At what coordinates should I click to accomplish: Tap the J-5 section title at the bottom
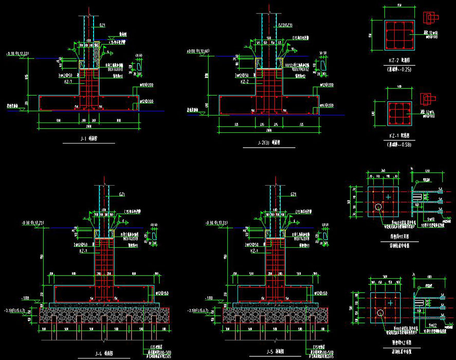click(x=272, y=353)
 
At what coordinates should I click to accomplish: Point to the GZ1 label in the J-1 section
click(x=101, y=25)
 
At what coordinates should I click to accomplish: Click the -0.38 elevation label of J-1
click(x=20, y=53)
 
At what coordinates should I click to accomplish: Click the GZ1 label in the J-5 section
click(x=293, y=194)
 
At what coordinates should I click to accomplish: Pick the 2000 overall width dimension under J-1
click(x=89, y=125)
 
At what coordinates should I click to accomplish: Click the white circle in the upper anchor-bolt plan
click(x=378, y=207)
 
